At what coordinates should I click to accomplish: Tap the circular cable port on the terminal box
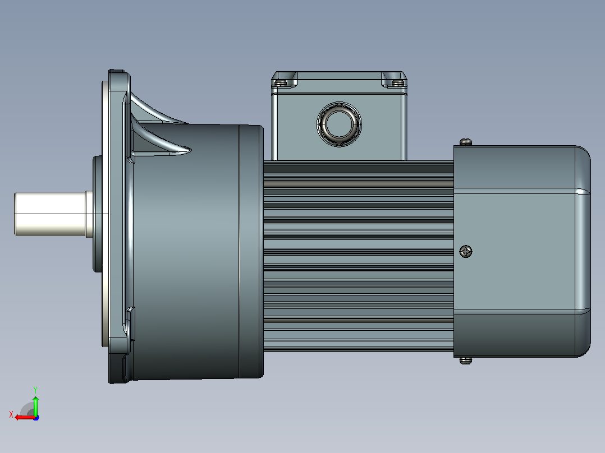(x=339, y=124)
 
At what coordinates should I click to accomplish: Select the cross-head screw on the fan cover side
(x=466, y=252)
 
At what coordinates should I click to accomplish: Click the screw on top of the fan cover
(x=466, y=142)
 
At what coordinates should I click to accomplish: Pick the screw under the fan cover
(x=466, y=360)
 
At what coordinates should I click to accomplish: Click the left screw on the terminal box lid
(x=280, y=82)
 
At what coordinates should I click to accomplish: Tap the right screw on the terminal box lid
(x=397, y=82)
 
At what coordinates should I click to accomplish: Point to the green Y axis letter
(x=35, y=390)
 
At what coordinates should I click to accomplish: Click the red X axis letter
(x=11, y=415)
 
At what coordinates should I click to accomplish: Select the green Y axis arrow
(x=35, y=405)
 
